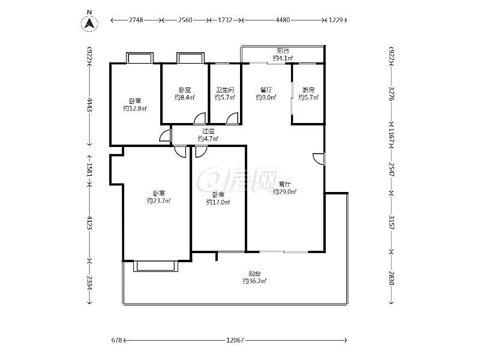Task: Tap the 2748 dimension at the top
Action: tap(136, 20)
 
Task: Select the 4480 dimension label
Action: tap(283, 20)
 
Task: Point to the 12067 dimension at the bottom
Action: tap(235, 340)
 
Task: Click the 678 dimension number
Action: tap(116, 340)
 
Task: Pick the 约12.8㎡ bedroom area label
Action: tap(134, 109)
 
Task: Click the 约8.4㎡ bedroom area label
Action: tap(185, 97)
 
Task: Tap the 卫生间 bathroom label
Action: tap(224, 90)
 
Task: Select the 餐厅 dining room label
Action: tap(266, 90)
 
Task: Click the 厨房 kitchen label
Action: tap(308, 90)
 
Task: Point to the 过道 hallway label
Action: tap(208, 131)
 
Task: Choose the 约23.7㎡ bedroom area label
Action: tap(158, 201)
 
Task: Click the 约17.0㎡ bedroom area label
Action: tap(218, 202)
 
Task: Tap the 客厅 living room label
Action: tap(284, 184)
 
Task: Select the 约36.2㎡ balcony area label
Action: tap(254, 281)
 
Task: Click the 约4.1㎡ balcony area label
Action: tap(283, 58)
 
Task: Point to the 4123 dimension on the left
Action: tap(89, 222)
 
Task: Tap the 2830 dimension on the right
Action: tap(391, 278)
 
